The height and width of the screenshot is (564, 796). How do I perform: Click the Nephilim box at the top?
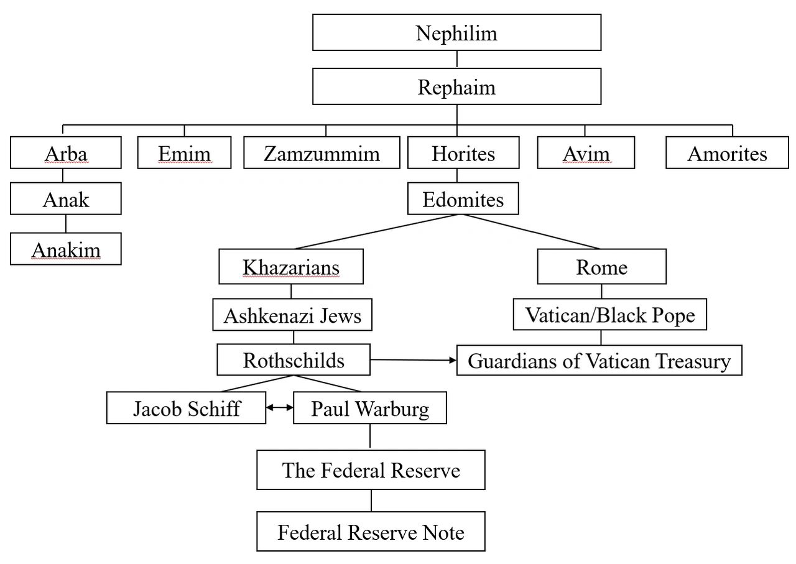456,32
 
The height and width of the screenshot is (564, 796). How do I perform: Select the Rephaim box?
456,86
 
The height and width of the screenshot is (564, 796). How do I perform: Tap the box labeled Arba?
66,152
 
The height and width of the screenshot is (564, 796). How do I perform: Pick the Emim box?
184,152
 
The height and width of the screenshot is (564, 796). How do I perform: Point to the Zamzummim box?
322,152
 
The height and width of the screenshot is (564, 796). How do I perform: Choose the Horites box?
463,152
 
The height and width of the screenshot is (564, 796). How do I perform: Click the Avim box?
586,152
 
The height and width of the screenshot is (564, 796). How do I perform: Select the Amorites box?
727,152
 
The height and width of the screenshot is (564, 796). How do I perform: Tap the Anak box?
66,198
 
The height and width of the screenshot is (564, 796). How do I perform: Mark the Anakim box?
66,249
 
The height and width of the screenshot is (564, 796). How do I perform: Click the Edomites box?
463,198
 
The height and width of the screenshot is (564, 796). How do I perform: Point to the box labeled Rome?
601,267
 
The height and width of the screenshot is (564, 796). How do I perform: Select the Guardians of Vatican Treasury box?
599,361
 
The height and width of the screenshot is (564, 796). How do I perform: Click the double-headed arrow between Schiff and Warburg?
280,408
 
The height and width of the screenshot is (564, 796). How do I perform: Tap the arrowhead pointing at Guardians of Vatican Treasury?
453,361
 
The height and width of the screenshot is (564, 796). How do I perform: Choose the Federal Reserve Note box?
371,532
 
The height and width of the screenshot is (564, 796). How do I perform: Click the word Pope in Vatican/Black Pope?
673,316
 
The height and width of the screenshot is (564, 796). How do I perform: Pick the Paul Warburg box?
370,408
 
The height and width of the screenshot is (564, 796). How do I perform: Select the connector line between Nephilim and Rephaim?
456,59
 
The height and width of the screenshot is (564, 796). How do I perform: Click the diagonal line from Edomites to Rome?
531,232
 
